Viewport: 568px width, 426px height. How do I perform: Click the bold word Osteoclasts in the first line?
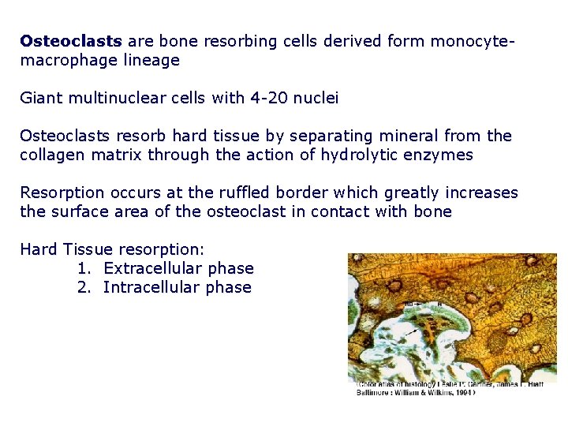click(71, 40)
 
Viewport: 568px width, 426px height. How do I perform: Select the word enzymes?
click(443, 155)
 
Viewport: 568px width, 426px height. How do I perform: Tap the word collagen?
click(51, 155)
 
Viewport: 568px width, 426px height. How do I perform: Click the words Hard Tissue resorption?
click(112, 249)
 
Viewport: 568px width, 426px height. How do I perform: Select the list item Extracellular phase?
click(166, 268)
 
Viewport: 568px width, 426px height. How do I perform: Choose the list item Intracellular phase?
click(164, 287)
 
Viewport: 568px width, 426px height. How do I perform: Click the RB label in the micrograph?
click(409, 303)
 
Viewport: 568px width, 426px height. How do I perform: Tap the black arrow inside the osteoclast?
click(412, 333)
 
